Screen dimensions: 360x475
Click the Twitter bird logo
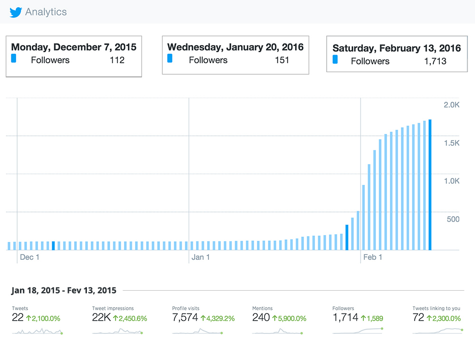coord(16,12)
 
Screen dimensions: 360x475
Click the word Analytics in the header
coord(46,12)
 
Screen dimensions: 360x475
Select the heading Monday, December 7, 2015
coord(74,47)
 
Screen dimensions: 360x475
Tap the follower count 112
coord(117,60)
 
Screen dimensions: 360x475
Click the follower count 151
coord(282,60)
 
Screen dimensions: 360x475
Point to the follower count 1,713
coord(435,61)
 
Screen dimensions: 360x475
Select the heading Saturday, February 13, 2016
coord(397,48)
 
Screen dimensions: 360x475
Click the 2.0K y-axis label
coord(451,105)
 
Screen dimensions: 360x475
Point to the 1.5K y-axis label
coord(451,143)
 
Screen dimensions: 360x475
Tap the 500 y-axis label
coord(453,219)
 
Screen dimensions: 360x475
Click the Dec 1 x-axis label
coord(29,257)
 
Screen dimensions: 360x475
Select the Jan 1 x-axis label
coord(201,257)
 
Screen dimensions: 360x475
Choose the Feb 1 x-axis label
coord(372,257)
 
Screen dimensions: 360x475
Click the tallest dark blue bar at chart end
coord(430,185)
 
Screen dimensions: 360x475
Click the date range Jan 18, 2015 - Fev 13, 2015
coord(64,290)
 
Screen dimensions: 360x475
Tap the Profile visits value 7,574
coord(185,318)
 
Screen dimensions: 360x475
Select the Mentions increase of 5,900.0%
coord(289,318)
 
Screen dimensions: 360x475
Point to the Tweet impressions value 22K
coord(101,318)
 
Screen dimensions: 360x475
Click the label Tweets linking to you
coord(436,308)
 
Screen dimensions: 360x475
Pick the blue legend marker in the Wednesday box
coord(170,58)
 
